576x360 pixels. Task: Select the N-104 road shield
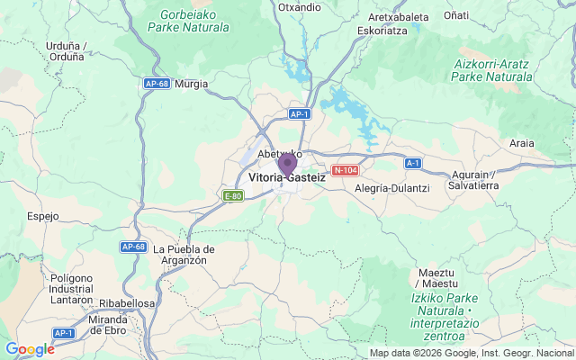click(345, 170)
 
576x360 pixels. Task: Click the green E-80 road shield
click(233, 195)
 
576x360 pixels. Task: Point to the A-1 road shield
click(413, 163)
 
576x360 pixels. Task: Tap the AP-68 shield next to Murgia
click(156, 84)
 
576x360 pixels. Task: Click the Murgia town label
click(191, 84)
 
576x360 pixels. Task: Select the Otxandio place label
click(300, 7)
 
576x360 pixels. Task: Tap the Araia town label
click(521, 143)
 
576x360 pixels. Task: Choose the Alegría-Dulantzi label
click(392, 188)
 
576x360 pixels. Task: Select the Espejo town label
click(42, 216)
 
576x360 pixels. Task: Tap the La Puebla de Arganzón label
click(184, 254)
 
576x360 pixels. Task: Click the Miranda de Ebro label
click(115, 325)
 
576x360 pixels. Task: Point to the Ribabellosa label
click(127, 304)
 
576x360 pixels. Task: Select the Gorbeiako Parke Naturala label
click(193, 21)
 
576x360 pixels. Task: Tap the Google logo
click(30, 349)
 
